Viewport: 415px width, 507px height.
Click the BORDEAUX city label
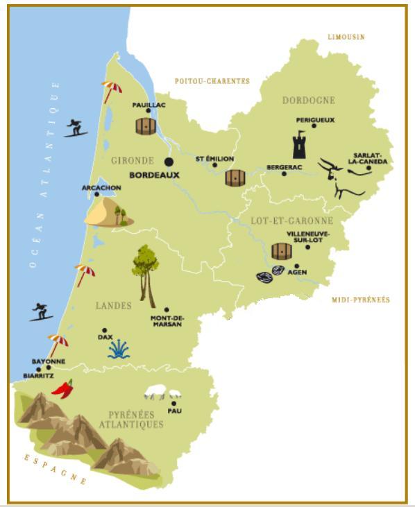(x=154, y=175)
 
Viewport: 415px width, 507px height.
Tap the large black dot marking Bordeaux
(x=169, y=162)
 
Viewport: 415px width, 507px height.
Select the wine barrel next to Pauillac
(x=146, y=126)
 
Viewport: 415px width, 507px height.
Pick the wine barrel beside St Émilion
(x=235, y=178)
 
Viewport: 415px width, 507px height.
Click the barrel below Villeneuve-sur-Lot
(x=282, y=251)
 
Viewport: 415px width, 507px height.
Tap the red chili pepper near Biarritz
(x=63, y=388)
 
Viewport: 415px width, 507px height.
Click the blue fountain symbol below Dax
(x=119, y=349)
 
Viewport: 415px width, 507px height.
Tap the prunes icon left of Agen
(x=270, y=275)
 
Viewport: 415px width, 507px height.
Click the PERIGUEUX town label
(x=315, y=119)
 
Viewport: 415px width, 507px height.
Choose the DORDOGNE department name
(x=308, y=101)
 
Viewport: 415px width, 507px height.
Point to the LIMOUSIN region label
(x=346, y=37)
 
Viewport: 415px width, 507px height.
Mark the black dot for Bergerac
(x=284, y=173)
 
